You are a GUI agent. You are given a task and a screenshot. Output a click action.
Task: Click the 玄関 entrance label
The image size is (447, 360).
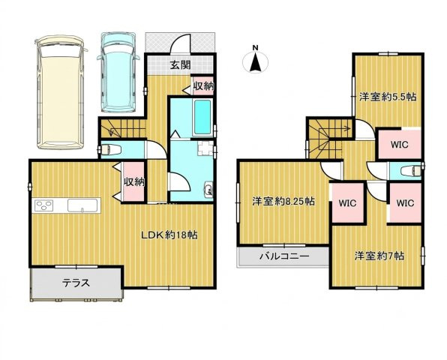click(x=180, y=65)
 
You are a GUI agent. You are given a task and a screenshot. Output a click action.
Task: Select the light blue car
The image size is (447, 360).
click(x=118, y=72)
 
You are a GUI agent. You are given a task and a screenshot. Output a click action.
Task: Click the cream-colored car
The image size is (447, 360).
click(x=61, y=92)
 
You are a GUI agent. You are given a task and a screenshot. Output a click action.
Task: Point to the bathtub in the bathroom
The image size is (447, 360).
click(x=202, y=118)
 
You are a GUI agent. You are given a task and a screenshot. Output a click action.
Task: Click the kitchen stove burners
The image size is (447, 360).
click(x=44, y=205)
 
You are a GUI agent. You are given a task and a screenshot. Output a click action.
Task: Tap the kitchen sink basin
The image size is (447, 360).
click(x=82, y=205)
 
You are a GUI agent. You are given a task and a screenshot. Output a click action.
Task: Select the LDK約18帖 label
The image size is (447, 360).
click(x=169, y=235)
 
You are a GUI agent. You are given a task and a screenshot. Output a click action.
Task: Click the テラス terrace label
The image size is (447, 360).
click(x=76, y=283)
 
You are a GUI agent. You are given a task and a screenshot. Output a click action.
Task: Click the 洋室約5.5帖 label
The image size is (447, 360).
click(x=388, y=97)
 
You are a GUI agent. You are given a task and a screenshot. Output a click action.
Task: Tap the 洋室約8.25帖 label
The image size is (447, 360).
click(x=283, y=202)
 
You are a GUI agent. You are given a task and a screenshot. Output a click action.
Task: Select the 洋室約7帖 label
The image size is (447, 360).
click(x=379, y=256)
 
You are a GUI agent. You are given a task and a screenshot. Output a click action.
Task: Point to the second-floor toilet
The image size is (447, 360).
click(x=410, y=171)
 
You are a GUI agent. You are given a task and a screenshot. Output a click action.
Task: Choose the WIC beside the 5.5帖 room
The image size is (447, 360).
click(x=400, y=144)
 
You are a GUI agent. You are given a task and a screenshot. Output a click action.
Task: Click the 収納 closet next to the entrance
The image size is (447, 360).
click(x=203, y=85)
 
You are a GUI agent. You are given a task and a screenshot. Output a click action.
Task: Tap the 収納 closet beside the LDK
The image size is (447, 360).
click(x=133, y=181)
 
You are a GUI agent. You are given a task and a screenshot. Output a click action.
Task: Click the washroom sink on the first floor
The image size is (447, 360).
click(x=208, y=190)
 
